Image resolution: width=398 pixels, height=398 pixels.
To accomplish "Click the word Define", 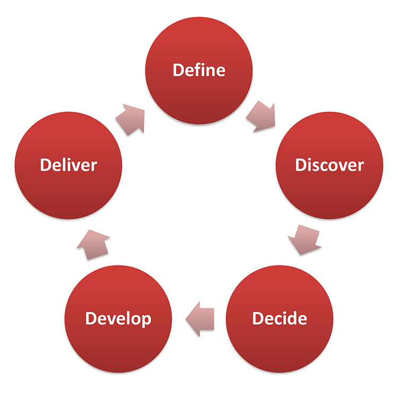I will point(199,70).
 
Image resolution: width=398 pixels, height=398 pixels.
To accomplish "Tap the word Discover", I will point(329,165).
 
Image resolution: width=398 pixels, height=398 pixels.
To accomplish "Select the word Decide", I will point(279,318).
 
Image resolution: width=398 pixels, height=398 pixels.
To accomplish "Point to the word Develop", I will point(118,318).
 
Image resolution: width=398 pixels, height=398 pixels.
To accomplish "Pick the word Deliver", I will point(68,165).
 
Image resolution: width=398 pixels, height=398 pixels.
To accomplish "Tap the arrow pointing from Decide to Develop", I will point(199,319).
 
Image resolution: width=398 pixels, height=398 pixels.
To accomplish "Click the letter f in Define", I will point(194,70).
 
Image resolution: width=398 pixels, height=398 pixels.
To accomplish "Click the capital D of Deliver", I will point(46,165).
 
